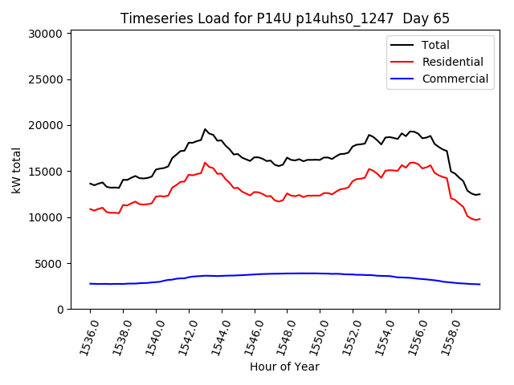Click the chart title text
(285, 18)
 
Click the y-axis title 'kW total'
(17, 170)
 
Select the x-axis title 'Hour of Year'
(284, 367)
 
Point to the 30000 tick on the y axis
(46, 34)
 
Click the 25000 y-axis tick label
(46, 79)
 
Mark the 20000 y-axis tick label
(46, 125)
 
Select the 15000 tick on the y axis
(46, 172)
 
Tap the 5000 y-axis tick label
(49, 263)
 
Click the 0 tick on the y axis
(60, 310)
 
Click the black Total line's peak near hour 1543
(205, 129)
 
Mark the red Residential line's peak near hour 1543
(205, 163)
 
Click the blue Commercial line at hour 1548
(287, 274)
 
